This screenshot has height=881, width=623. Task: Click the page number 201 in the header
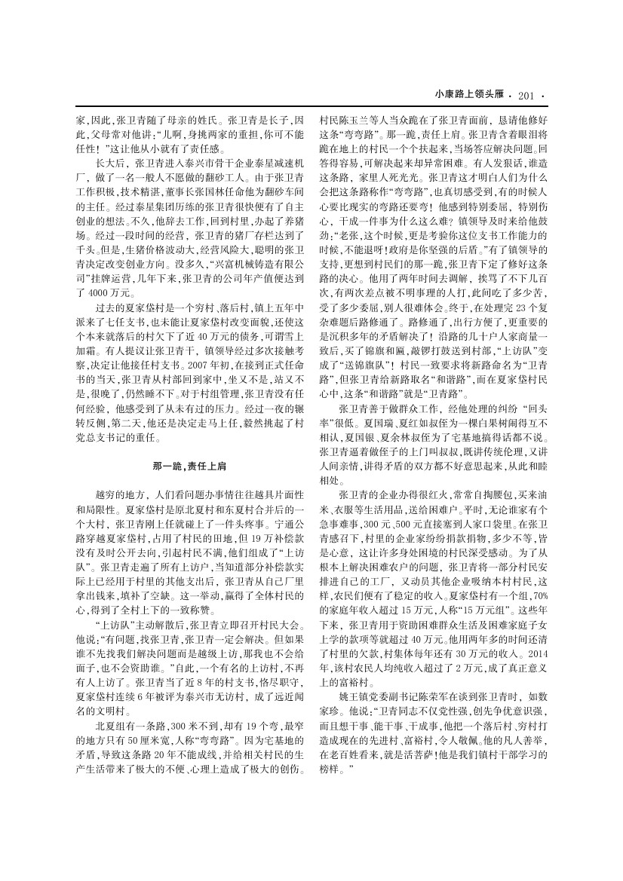526,95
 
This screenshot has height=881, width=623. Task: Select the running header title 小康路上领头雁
470,95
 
